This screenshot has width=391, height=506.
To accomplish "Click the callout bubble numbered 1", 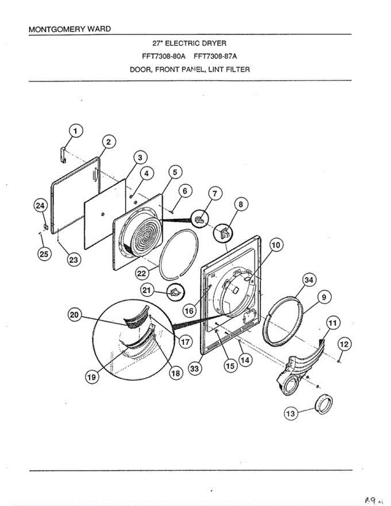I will point(76,131).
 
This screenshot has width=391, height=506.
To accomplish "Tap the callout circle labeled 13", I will point(291,414).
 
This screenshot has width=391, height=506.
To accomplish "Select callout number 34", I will point(309,280).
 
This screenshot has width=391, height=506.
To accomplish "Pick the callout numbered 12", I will point(344,345).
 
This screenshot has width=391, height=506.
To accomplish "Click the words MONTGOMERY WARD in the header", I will point(70,30).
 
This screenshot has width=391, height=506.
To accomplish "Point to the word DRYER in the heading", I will point(216,43).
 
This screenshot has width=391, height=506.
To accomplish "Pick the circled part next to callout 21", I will point(175,291).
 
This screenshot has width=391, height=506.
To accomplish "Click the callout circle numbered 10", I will point(277,245).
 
